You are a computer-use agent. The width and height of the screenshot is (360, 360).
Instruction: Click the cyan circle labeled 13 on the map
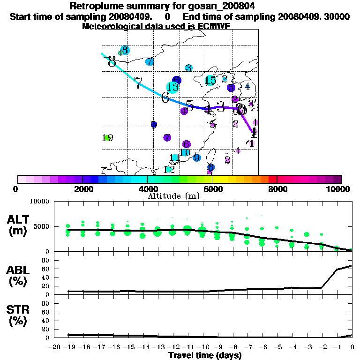pyautogui.click(x=172, y=87)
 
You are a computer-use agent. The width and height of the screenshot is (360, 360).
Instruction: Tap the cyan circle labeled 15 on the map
pyautogui.click(x=210, y=80)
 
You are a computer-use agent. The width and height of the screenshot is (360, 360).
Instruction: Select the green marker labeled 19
pyautogui.click(x=108, y=138)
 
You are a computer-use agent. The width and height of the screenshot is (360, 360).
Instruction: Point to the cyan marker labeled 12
pyautogui.click(x=169, y=170)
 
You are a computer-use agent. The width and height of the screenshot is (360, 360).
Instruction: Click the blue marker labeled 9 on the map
pyautogui.click(x=197, y=157)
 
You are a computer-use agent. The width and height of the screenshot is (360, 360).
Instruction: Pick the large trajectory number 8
pyautogui.click(x=112, y=61)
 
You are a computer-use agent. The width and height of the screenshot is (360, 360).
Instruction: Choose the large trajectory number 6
pyautogui.click(x=165, y=97)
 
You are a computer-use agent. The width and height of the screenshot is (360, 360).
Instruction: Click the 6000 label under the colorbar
pyautogui.click(x=212, y=189)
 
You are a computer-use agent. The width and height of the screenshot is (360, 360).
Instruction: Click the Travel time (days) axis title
pyautogui.click(x=205, y=356)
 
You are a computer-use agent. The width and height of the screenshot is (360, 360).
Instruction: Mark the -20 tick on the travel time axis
pyautogui.click(x=54, y=347)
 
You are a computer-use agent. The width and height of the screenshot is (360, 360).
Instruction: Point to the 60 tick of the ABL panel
pyautogui.click(x=46, y=269)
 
